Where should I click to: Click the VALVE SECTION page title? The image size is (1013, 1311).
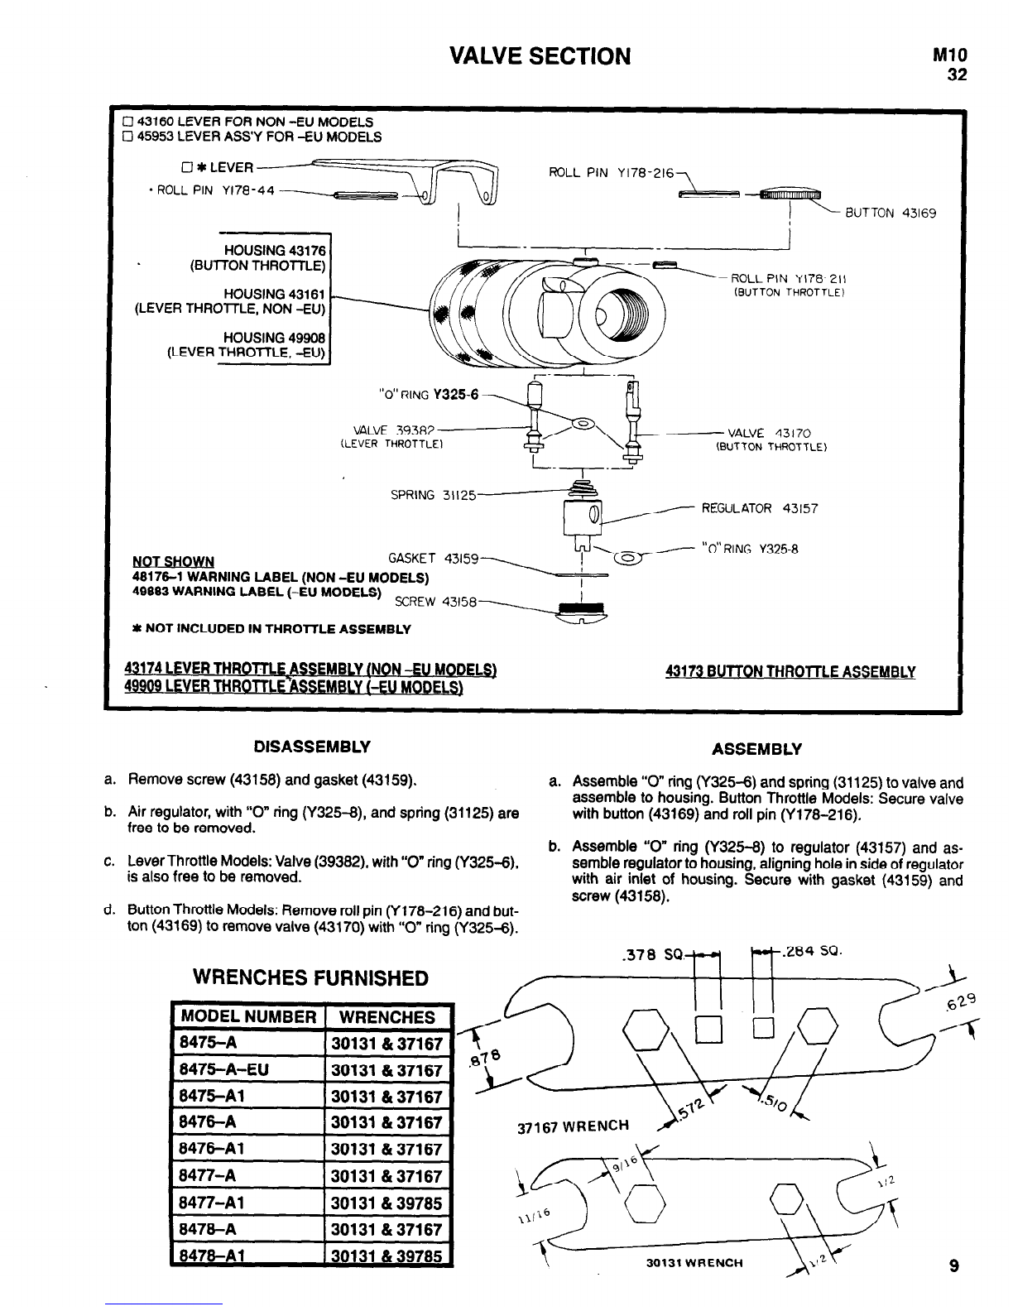coord(539,56)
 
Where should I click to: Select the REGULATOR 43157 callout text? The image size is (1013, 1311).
coord(759,508)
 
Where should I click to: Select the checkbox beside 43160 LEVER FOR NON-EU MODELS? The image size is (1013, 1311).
coord(127,122)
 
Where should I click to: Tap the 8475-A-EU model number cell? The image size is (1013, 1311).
coord(223,1070)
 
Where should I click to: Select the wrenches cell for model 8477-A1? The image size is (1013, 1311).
coord(386,1202)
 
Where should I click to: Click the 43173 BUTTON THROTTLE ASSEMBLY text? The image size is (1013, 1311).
coord(790,672)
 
